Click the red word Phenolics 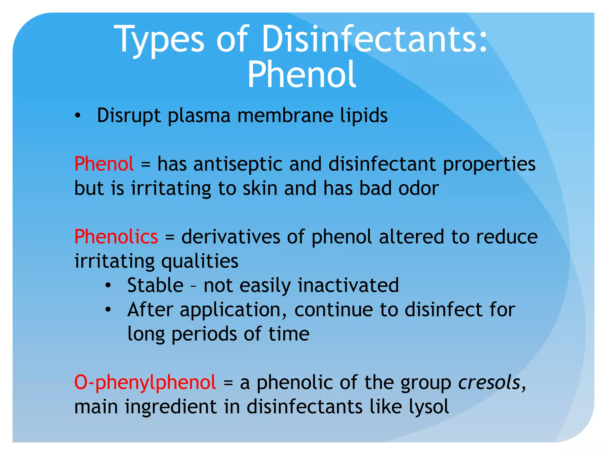pos(116,237)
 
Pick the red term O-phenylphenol pos(145,382)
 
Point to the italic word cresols pos(489,382)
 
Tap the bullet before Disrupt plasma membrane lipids pos(78,116)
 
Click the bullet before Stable pos(108,286)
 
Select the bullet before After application pos(108,310)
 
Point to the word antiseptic pos(238,164)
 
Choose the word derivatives pos(231,237)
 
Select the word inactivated pos(348,285)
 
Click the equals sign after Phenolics pos(170,237)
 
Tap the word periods pos(204,334)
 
